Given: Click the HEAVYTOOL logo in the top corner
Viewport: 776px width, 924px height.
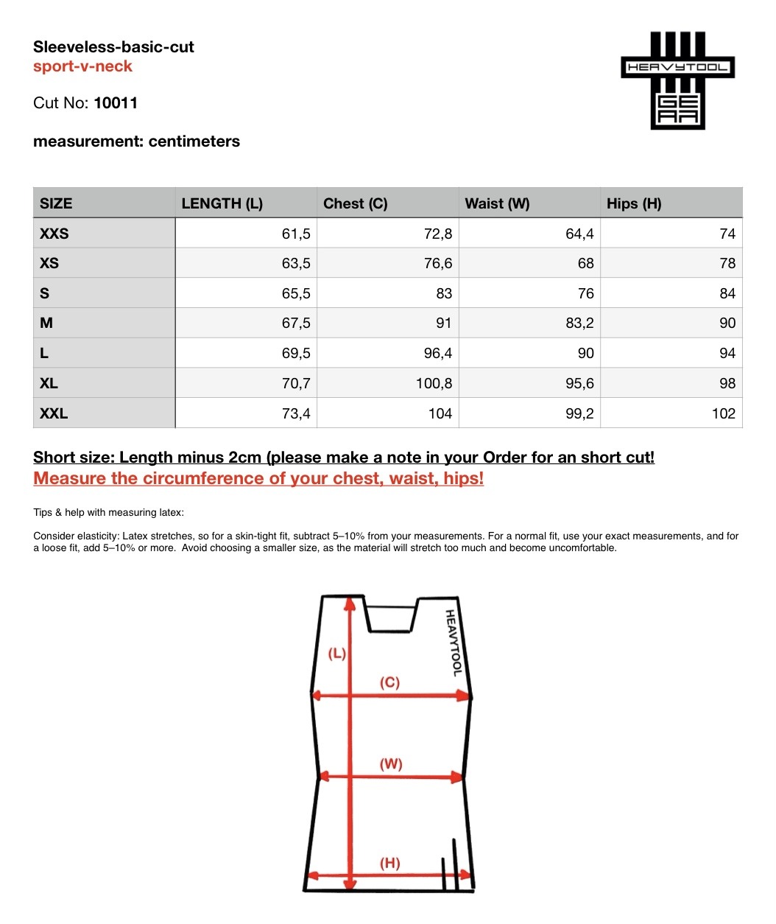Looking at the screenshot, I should tap(677, 80).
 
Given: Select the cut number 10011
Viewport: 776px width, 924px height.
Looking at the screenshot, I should tap(116, 103).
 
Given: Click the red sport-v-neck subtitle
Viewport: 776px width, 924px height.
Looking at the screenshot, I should tap(82, 66).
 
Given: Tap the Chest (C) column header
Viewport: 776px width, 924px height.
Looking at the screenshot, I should tap(355, 203).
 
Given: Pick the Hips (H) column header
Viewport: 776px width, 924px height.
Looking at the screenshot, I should tap(633, 203).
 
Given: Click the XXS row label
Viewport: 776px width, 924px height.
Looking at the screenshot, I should tap(54, 234).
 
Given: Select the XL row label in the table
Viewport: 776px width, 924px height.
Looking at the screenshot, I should tap(49, 383).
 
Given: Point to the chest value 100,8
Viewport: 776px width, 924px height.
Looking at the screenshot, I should tap(434, 383).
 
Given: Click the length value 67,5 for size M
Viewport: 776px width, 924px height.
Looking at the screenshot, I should tap(296, 323).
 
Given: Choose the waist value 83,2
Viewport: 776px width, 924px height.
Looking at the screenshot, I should tap(579, 323).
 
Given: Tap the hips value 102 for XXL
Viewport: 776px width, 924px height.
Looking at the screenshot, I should tap(723, 413).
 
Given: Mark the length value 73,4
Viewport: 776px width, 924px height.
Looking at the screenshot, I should tap(296, 413).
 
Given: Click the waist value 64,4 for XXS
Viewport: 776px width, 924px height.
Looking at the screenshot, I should tap(579, 234).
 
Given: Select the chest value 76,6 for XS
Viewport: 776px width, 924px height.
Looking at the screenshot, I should tap(438, 263).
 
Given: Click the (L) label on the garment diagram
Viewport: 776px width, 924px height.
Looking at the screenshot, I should tap(336, 654).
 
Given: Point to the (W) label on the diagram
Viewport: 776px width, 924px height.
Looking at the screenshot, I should tap(391, 764).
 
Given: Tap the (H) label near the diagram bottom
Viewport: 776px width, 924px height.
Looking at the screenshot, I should tap(390, 863).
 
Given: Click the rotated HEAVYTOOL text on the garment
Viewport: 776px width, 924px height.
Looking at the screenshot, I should tap(454, 643).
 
